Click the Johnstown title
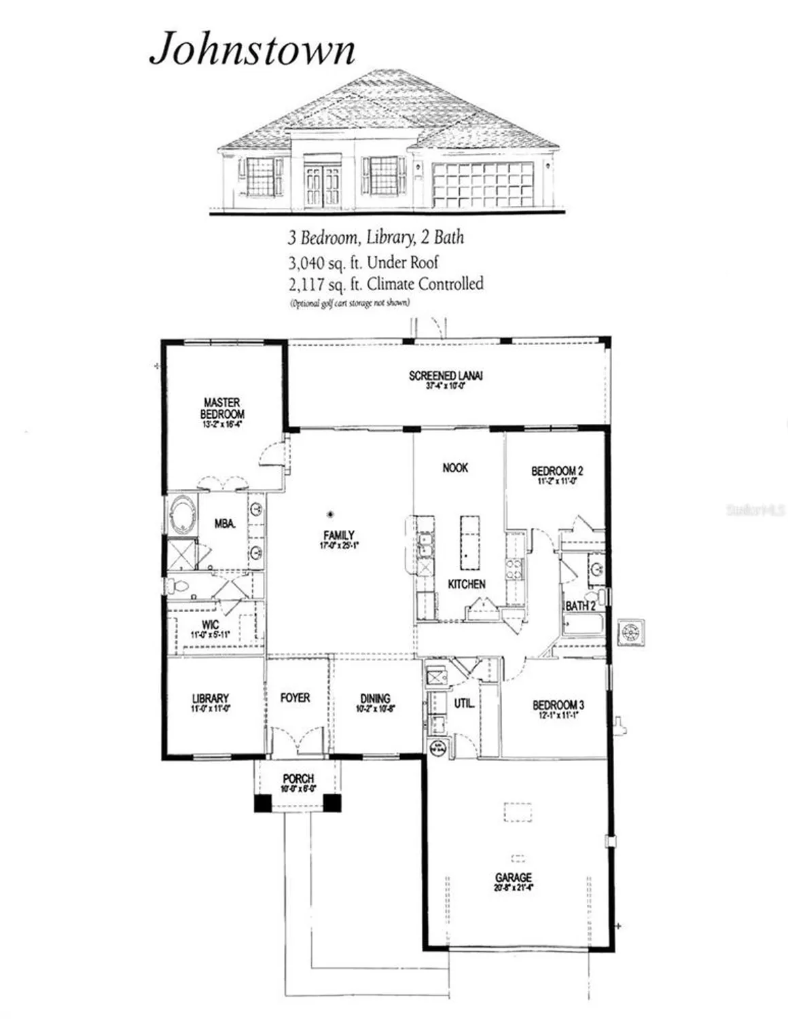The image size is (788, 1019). pyautogui.click(x=252, y=50)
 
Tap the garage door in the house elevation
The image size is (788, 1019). pyautogui.click(x=482, y=184)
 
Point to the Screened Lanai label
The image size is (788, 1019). pyautogui.click(x=446, y=376)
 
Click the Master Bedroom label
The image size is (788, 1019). pyautogui.click(x=222, y=408)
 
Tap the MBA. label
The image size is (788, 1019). pyautogui.click(x=225, y=524)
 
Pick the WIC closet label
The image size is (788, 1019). pyautogui.click(x=211, y=625)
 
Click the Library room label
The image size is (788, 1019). pyautogui.click(x=211, y=698)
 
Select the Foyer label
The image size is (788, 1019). pyautogui.click(x=295, y=698)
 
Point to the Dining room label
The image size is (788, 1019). pyautogui.click(x=376, y=698)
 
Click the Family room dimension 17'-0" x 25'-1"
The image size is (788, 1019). pyautogui.click(x=338, y=546)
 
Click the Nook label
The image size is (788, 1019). pyautogui.click(x=455, y=468)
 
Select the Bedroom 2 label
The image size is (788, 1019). pyautogui.click(x=557, y=471)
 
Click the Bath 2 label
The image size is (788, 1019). pyautogui.click(x=580, y=605)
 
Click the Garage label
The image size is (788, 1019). pyautogui.click(x=513, y=878)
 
